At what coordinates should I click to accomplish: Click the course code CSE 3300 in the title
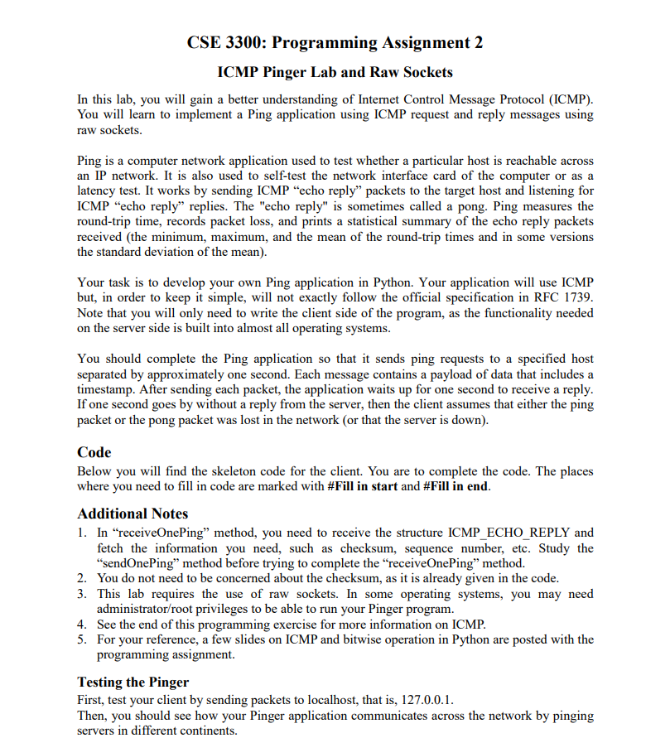[x=221, y=43]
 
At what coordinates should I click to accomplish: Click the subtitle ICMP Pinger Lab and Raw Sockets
[x=335, y=72]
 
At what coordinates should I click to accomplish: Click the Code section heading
[x=94, y=452]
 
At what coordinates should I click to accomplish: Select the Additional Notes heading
[x=133, y=514]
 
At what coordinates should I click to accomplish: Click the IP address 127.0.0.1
[x=427, y=699]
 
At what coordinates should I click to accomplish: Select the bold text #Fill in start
[x=363, y=487]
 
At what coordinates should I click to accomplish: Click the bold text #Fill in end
[x=456, y=487]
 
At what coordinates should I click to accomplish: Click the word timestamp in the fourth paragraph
[x=107, y=389]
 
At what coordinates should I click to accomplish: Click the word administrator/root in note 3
[x=144, y=609]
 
